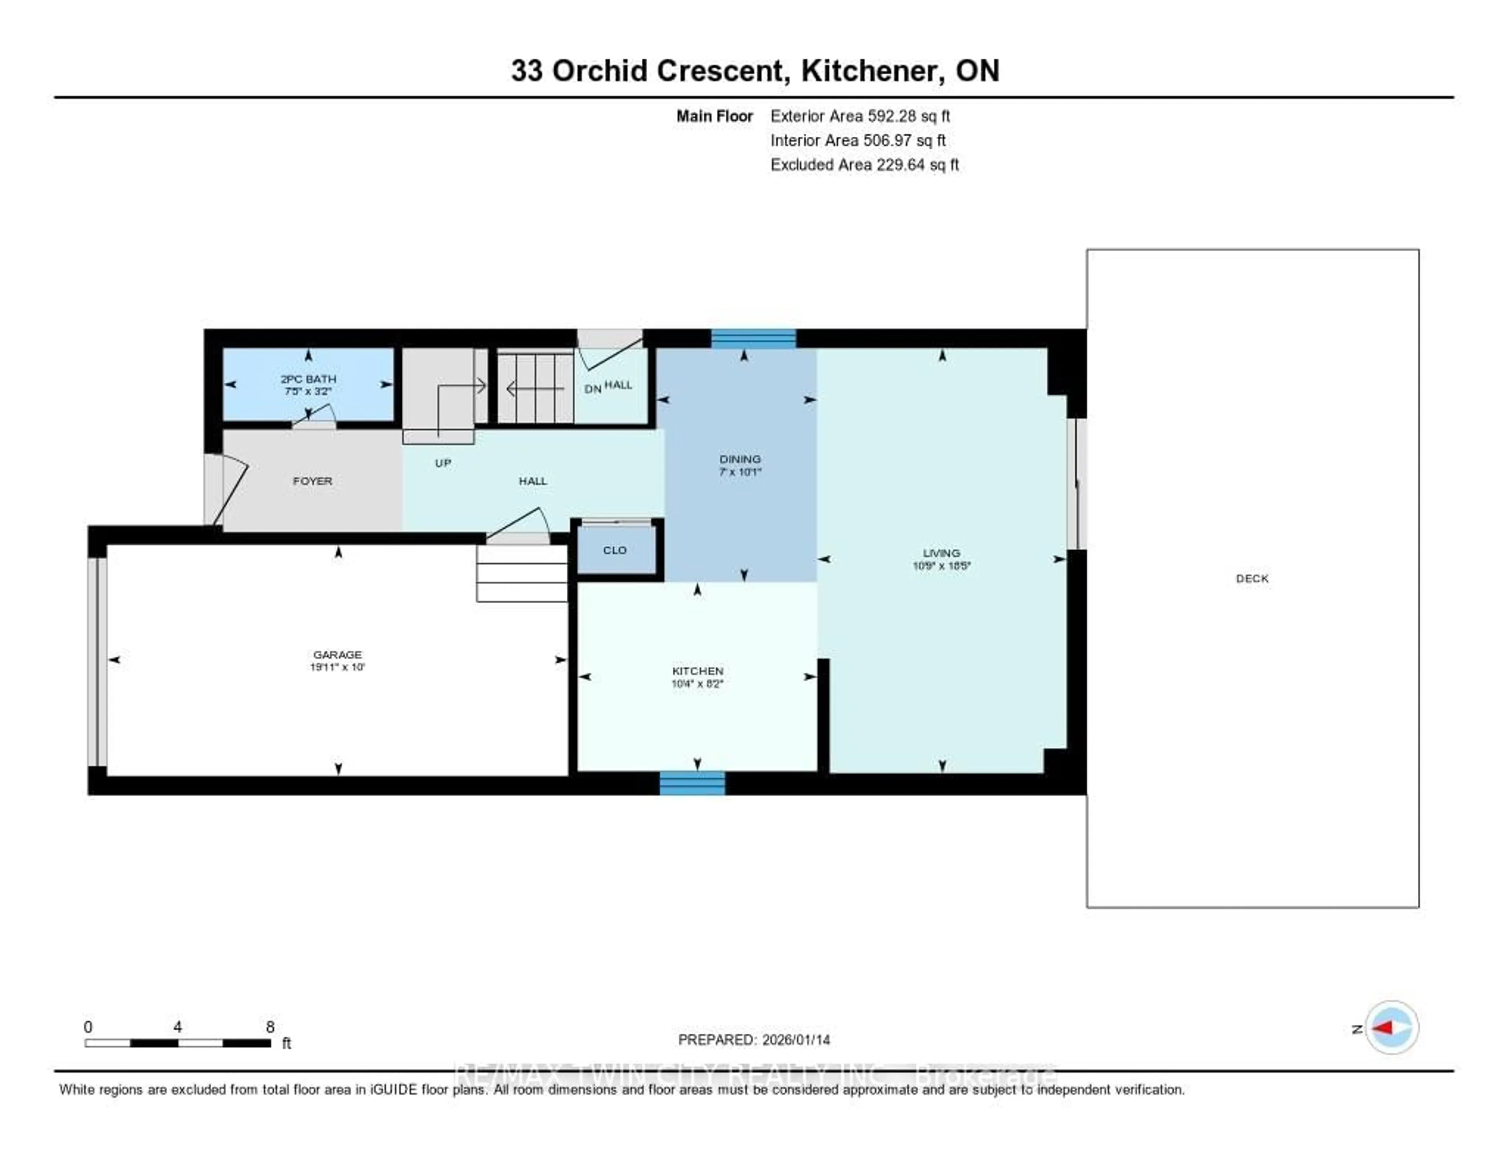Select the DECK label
pyautogui.click(x=1252, y=579)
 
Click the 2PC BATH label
pyautogui.click(x=308, y=378)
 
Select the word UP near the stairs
pyautogui.click(x=443, y=463)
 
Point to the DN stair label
pyautogui.click(x=593, y=389)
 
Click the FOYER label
pyautogui.click(x=312, y=481)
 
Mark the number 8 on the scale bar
pyautogui.click(x=270, y=1027)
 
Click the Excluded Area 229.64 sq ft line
pyautogui.click(x=864, y=164)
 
